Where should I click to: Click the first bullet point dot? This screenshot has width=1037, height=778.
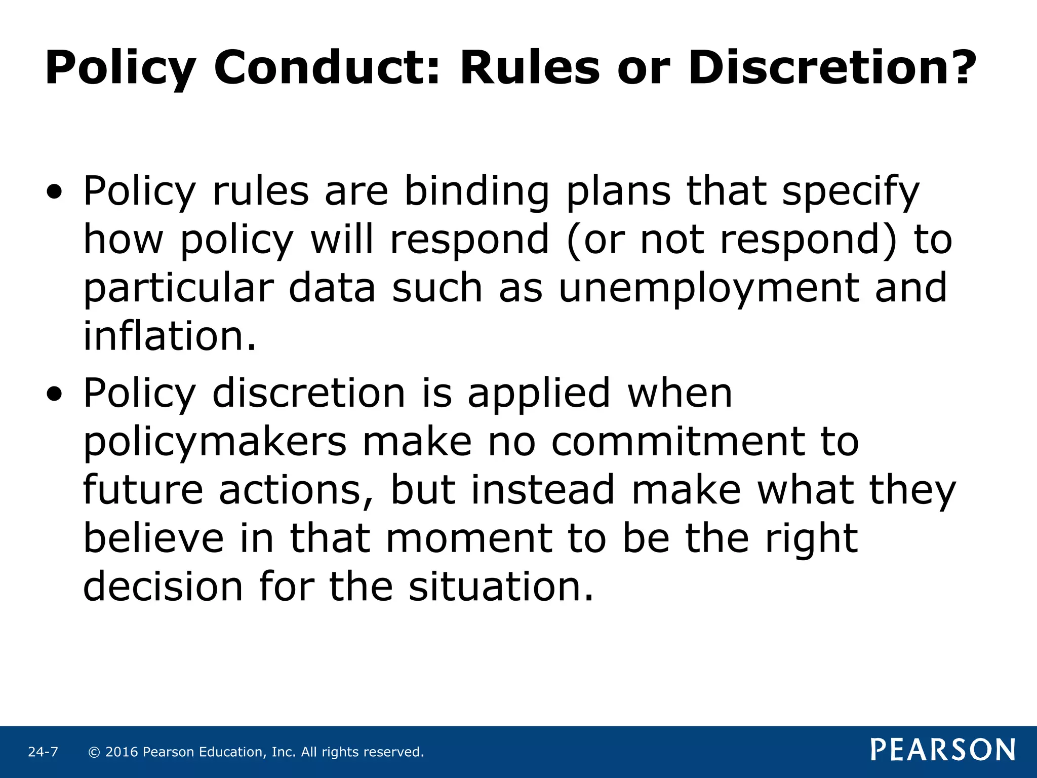click(54, 192)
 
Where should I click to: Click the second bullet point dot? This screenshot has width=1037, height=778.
click(54, 394)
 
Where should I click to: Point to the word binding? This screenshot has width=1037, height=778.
click(476, 192)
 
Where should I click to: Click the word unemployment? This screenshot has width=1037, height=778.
click(708, 288)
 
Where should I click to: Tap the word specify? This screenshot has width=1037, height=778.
click(850, 192)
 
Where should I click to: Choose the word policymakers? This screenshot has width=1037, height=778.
click(215, 442)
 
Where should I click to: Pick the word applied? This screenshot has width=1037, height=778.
click(539, 394)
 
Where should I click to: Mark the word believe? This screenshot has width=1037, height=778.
click(153, 538)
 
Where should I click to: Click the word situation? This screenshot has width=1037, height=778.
click(501, 587)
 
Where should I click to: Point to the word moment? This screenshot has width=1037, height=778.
click(469, 538)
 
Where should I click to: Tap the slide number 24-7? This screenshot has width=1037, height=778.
click(43, 752)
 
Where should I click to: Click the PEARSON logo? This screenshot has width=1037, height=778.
click(943, 750)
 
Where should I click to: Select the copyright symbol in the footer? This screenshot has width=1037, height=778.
click(94, 752)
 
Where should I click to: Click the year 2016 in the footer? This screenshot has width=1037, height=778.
click(122, 752)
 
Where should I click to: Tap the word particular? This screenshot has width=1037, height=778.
click(178, 288)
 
